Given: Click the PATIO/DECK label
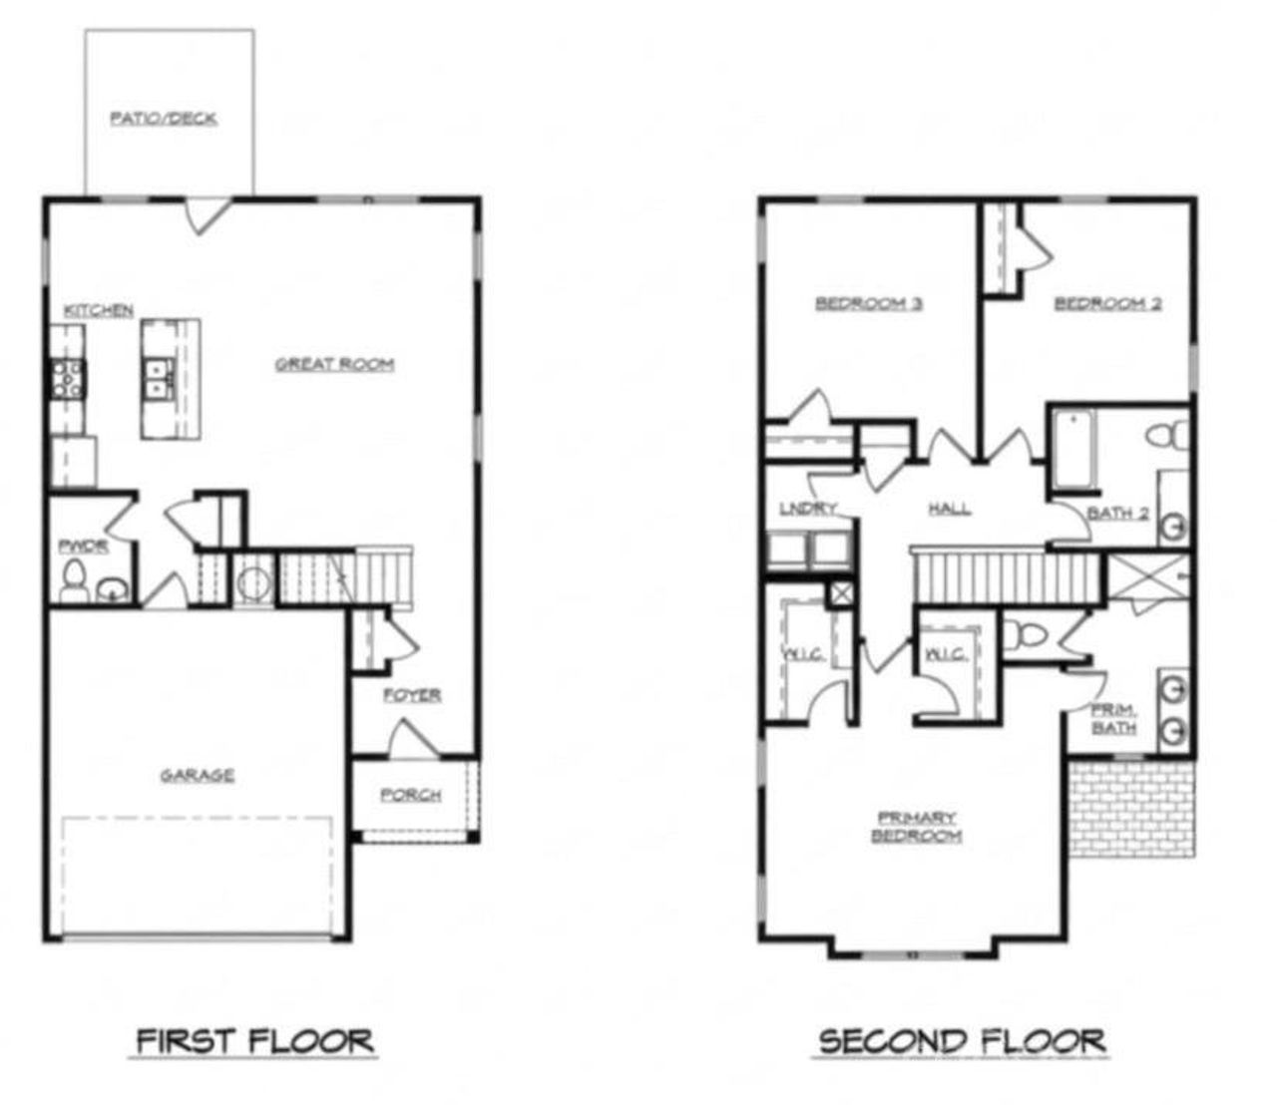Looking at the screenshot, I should (x=164, y=119).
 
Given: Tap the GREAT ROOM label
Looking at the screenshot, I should (x=334, y=365).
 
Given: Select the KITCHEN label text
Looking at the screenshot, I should (x=99, y=311).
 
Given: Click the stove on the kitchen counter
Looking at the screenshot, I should (x=67, y=378).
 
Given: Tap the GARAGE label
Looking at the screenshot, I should (x=198, y=775).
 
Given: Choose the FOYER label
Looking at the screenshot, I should (x=412, y=695).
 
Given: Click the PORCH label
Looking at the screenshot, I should (x=410, y=795).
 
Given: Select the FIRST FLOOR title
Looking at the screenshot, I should (x=255, y=1042).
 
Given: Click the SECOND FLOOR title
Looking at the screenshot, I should (x=962, y=1042).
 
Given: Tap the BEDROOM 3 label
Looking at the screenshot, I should (x=868, y=303).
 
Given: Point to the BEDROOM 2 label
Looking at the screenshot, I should (x=1107, y=303).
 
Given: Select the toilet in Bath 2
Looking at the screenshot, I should (x=1169, y=436).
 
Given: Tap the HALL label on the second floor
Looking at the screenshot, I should (x=949, y=510).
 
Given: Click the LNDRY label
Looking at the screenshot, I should (x=807, y=510).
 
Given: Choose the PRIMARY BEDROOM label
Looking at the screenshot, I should (x=916, y=827).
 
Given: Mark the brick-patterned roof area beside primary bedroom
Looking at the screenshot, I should (x=1130, y=808).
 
